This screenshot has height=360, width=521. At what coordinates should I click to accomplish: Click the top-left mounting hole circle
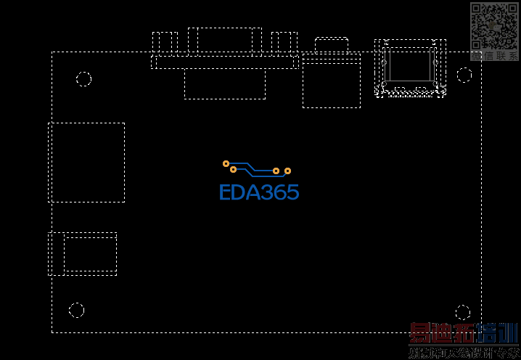[x=84, y=79]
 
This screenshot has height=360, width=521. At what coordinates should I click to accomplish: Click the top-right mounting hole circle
[x=464, y=75]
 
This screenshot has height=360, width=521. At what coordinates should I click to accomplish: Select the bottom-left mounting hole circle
[x=76, y=310]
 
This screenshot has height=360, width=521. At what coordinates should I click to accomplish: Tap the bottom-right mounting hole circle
[x=463, y=313]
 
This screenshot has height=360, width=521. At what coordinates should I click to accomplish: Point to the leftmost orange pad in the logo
[x=226, y=163]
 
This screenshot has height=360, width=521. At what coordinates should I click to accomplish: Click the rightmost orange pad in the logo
[x=287, y=171]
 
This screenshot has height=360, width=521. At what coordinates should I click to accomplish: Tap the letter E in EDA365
[x=226, y=192]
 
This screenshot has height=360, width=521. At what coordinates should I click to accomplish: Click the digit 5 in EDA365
[x=292, y=192]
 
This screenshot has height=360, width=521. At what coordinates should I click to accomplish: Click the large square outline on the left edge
[x=86, y=162]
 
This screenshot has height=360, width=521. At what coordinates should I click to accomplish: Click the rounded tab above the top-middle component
[x=331, y=44]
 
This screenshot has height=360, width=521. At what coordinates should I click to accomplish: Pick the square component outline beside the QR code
[x=410, y=67]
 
